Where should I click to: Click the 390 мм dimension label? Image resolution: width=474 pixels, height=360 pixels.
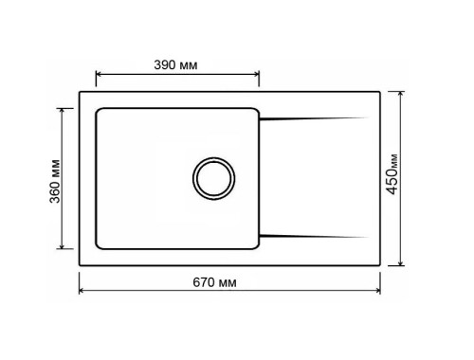[x=175, y=65]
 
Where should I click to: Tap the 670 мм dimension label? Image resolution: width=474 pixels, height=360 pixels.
[x=214, y=282]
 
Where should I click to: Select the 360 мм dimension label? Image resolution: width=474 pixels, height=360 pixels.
[x=55, y=181]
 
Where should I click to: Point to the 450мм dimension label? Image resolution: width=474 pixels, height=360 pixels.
[x=392, y=174]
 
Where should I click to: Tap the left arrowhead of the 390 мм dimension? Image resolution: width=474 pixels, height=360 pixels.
[x=99, y=75]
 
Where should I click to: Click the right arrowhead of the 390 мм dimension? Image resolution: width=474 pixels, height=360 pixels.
[x=257, y=75]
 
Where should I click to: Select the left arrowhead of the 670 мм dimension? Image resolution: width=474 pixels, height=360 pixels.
[x=82, y=291]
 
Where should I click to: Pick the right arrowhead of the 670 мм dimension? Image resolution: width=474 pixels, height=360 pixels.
[x=377, y=291]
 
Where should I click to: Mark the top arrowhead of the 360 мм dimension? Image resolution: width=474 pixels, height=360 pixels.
[x=62, y=111]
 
